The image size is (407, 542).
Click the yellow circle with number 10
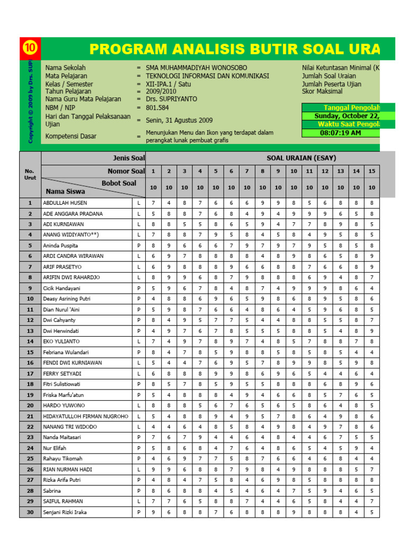[x=30, y=49]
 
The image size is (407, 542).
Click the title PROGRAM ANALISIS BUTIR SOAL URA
[x=235, y=49]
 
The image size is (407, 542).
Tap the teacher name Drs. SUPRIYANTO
[x=171, y=99]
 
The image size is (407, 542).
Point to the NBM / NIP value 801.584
[x=157, y=107]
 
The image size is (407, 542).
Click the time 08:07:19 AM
[x=340, y=133]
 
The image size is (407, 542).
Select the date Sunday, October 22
[x=347, y=116]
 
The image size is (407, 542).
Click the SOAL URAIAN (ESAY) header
[x=301, y=158]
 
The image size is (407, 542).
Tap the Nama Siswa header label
[x=66, y=192]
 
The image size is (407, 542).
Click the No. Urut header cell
[x=30, y=174]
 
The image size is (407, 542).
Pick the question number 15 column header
[x=371, y=171]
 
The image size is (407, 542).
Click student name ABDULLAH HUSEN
[x=65, y=203]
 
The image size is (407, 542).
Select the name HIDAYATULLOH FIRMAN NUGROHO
[x=85, y=416]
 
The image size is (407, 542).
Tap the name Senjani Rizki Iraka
[x=65, y=512]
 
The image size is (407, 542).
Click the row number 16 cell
[x=30, y=363]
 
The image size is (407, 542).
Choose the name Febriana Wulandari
[x=67, y=352]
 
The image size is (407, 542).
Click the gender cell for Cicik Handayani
[x=139, y=288]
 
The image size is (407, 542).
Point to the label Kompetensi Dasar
[x=71, y=136]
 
